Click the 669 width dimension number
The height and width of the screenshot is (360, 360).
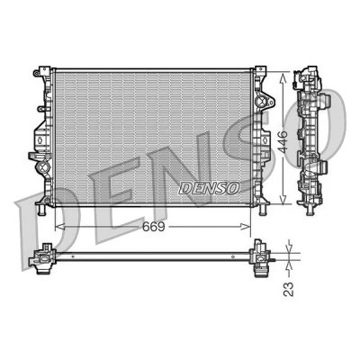tap(154, 227)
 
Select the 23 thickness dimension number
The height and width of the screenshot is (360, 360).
tap(288, 289)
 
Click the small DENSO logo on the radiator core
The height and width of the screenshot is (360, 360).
tap(210, 188)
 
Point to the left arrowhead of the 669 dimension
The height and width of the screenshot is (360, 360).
tap(59, 227)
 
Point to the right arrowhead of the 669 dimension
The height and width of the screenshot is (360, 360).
tap(246, 227)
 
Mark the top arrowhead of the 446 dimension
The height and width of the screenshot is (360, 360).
tap(282, 76)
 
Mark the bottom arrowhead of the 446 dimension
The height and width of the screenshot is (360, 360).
tap(282, 200)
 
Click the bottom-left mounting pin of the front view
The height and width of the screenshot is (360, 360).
tap(41, 209)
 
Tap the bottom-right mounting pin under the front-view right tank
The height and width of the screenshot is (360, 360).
tap(262, 209)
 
